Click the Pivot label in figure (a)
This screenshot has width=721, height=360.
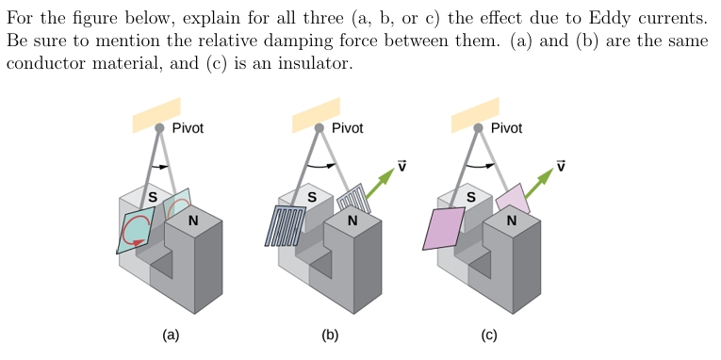[x=188, y=128]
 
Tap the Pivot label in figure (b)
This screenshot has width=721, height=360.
[x=347, y=128]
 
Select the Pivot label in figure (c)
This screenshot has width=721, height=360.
[x=506, y=128]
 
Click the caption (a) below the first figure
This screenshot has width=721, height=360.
[x=170, y=335]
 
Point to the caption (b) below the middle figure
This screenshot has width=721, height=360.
[x=329, y=335]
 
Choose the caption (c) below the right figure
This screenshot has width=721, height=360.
[x=488, y=335]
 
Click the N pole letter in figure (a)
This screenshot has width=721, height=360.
[x=193, y=221]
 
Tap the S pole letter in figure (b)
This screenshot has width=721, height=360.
[x=312, y=197]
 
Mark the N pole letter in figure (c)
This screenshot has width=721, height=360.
[x=511, y=221]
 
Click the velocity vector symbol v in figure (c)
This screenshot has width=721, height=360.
[x=562, y=166]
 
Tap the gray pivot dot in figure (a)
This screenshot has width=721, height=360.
[x=159, y=127]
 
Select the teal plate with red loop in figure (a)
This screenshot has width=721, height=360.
[x=135, y=230]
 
